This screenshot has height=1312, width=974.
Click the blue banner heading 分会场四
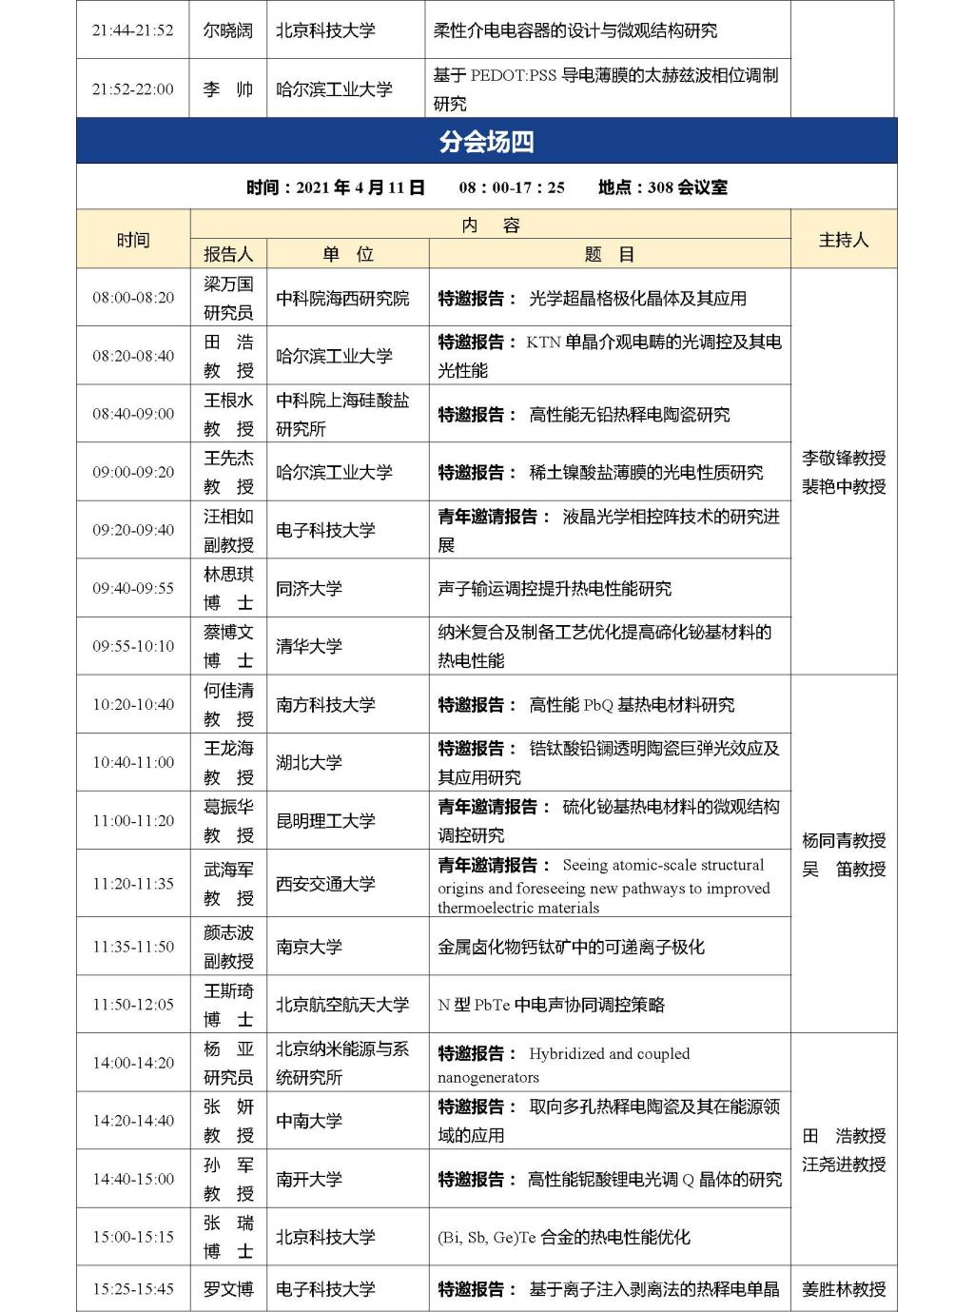pos(486,142)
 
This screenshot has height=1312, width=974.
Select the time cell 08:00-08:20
pos(133,298)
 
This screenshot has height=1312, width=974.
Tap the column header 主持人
pos(844,240)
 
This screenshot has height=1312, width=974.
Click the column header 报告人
pos(228,254)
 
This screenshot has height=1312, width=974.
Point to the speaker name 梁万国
pos(228,284)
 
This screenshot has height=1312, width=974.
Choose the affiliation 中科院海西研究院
pos(342,298)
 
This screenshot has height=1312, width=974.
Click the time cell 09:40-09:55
pos(133,588)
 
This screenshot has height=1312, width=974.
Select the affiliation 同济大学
pos(309,588)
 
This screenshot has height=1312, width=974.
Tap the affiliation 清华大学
pos(309,646)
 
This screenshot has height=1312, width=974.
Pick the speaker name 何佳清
pos(228,691)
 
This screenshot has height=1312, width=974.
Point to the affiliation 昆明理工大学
pos(325,820)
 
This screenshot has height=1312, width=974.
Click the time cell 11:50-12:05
pos(133,1005)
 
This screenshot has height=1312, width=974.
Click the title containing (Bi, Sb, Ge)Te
pos(563,1237)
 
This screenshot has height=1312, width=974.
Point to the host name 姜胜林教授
pos(844,1289)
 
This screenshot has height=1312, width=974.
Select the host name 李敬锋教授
pos(844,458)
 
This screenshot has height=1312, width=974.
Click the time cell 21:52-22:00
pos(133,89)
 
